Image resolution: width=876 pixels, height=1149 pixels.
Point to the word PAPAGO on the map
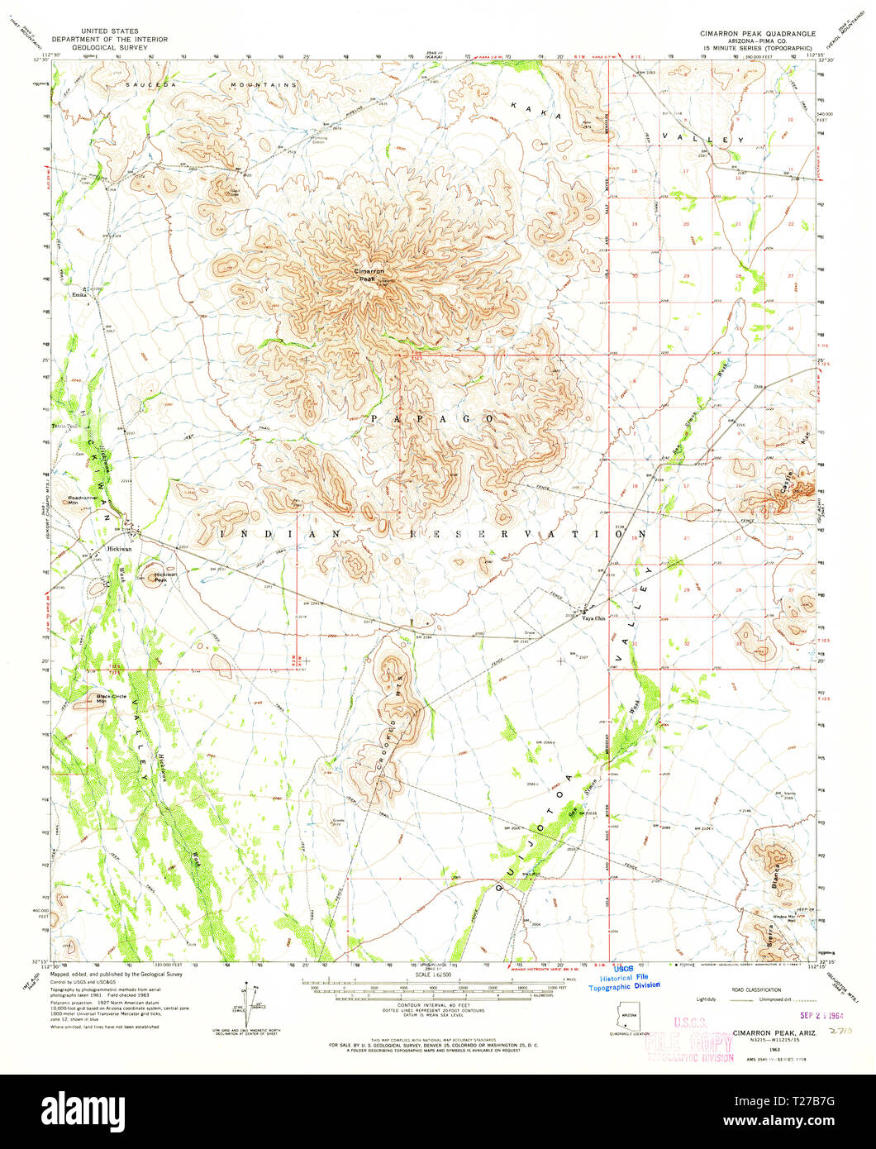(431, 419)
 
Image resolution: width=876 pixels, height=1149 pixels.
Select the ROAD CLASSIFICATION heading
(751, 989)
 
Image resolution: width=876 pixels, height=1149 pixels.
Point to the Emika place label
(79, 294)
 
